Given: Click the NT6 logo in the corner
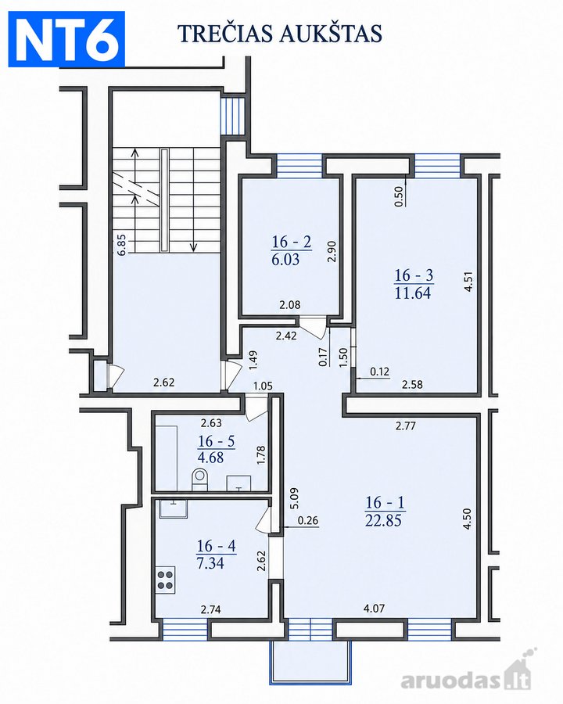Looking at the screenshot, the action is point(66,40).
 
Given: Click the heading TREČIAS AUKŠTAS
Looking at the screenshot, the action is point(280,33).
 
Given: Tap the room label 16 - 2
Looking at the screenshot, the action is point(292,242).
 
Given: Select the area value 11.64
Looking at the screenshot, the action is point(413,293).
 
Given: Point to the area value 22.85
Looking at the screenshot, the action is point(383,520).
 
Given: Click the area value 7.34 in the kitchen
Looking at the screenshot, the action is point(210,563).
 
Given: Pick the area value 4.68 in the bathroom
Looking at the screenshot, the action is point(210,458).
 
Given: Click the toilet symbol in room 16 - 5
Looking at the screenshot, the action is point(200,479).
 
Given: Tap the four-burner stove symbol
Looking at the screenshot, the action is point(165,579).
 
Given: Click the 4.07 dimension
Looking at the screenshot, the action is point(374,609).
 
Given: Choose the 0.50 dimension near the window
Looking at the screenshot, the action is point(399,196).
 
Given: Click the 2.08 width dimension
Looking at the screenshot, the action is point(290,305).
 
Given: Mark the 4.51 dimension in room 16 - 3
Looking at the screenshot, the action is point(468,281).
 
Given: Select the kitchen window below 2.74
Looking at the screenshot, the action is point(185,629).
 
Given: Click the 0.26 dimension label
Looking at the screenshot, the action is point(308,520).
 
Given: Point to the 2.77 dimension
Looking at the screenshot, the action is point(406,426).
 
